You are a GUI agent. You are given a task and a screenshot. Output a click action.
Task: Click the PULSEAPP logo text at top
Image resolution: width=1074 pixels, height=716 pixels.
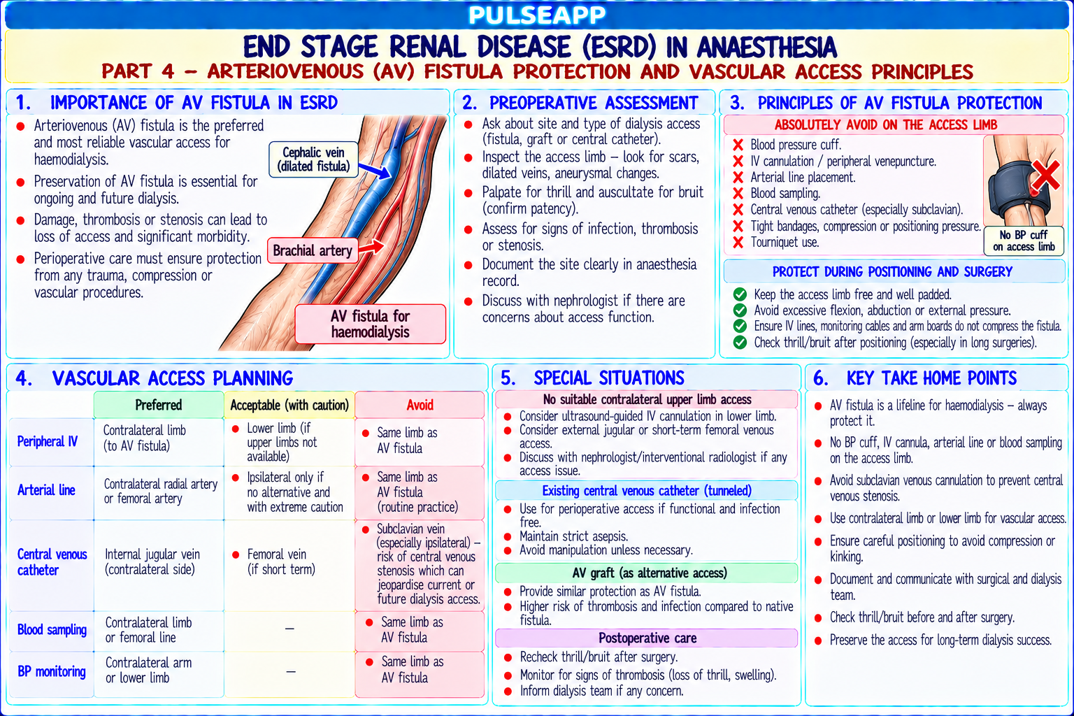point(537,15)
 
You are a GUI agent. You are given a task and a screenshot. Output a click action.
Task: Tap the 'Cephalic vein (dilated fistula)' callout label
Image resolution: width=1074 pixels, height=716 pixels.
point(313,159)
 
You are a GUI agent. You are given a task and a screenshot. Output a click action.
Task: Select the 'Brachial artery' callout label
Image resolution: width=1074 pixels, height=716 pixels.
point(313,250)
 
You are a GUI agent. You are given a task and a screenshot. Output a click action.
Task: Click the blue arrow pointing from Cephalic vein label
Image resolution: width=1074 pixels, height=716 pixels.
point(375,170)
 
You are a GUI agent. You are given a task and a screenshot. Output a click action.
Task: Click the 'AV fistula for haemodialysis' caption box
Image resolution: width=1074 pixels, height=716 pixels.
point(370,324)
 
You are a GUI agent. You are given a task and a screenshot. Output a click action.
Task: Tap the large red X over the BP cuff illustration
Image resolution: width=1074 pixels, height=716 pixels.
point(1046,176)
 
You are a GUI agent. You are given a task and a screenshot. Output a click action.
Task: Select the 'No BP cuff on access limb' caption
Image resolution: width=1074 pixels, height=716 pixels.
point(1024,241)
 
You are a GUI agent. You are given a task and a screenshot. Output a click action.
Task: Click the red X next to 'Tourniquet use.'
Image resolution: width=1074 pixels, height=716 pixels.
point(738,242)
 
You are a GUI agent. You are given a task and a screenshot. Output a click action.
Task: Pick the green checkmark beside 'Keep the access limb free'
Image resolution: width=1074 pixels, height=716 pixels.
point(740,294)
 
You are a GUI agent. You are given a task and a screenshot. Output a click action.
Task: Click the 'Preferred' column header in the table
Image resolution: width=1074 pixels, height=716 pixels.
point(159,406)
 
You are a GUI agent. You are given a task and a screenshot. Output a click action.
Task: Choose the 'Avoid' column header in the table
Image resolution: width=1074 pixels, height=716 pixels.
point(420,406)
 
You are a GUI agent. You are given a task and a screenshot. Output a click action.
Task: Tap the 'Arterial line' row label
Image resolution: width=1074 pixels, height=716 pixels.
point(47,490)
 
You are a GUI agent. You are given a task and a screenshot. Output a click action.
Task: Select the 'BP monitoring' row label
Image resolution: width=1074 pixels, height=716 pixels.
point(52,671)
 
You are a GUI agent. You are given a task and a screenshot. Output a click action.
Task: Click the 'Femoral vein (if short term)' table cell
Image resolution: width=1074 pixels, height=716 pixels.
point(281,562)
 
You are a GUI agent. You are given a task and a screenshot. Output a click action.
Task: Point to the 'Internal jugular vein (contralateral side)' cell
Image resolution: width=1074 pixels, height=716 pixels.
point(152,562)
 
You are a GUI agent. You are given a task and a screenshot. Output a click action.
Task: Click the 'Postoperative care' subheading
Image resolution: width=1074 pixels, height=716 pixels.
point(647,638)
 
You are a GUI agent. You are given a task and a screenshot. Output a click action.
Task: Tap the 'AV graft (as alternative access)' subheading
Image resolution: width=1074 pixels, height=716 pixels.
point(647,573)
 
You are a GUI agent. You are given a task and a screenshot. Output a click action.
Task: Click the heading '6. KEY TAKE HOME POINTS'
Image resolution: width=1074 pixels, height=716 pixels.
point(915,378)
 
